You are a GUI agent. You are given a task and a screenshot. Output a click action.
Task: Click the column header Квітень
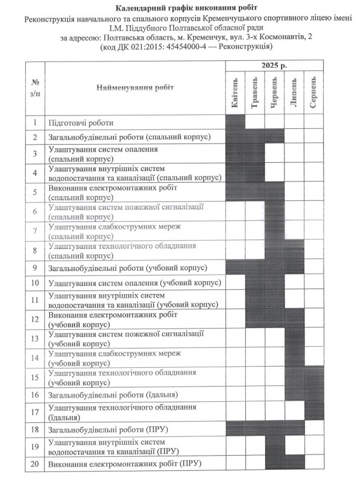[x=235, y=92]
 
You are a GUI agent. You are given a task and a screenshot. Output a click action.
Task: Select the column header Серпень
[x=314, y=92]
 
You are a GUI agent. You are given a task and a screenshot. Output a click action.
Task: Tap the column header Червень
[x=275, y=92]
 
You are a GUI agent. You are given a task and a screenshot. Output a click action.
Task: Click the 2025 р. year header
[x=274, y=66]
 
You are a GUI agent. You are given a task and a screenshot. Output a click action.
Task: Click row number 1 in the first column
[x=35, y=122]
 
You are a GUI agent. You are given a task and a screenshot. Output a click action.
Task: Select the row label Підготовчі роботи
[x=81, y=123]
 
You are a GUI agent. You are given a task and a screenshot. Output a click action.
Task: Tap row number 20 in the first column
[x=35, y=464]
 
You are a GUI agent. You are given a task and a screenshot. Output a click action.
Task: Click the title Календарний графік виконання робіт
[x=179, y=8]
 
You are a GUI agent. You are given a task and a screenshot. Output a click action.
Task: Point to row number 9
[x=35, y=268]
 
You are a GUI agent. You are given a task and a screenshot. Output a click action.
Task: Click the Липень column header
[x=294, y=92]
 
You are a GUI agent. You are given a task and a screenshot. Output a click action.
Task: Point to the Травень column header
[x=255, y=92]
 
